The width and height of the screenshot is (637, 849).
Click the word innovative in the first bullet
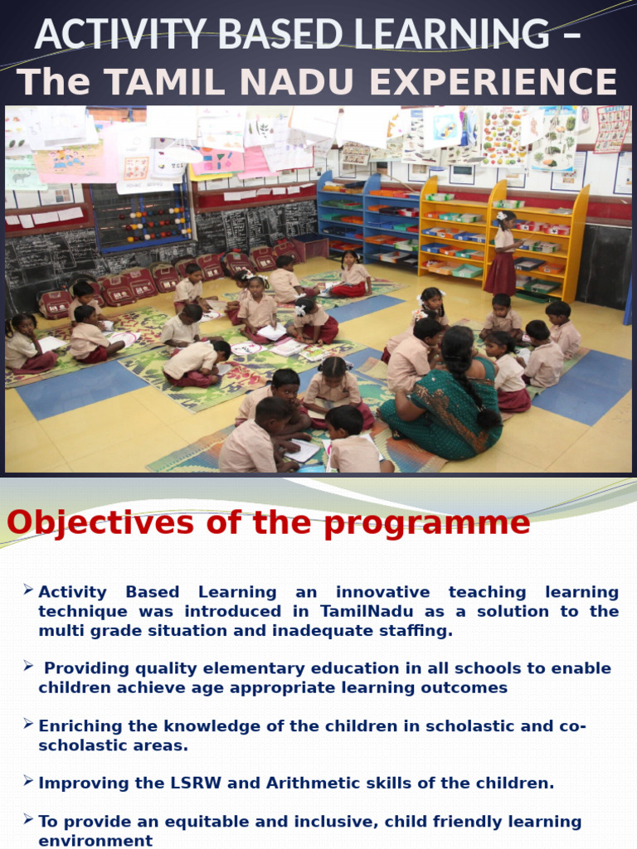tap(383, 592)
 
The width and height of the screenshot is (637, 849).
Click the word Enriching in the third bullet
tap(79, 726)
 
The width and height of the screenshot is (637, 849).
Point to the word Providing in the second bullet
tap(85, 668)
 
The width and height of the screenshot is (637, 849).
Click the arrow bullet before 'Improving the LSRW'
tap(28, 781)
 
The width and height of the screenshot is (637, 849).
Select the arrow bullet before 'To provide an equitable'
tap(28, 820)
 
